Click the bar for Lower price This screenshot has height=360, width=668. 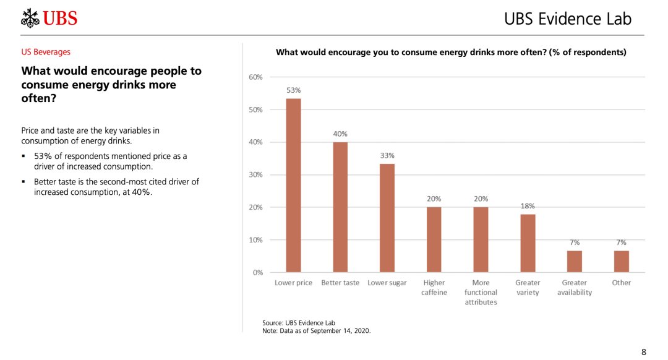[293, 186]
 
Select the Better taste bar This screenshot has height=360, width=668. [340, 207]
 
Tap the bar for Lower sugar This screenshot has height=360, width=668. [387, 218]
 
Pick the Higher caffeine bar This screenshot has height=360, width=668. [434, 239]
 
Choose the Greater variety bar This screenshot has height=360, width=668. [528, 243]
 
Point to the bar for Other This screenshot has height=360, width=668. [621, 261]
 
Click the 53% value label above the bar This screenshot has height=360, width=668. [293, 90]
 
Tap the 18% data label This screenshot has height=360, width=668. [528, 206]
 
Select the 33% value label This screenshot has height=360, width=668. [387, 156]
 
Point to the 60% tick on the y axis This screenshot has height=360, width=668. [255, 77]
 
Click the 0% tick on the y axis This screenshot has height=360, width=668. [257, 272]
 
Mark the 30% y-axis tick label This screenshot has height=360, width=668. [255, 175]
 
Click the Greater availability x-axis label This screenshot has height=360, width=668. [574, 288]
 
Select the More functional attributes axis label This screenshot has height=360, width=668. [481, 292]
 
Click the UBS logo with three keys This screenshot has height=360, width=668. [49, 18]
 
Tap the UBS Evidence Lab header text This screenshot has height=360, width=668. [568, 19]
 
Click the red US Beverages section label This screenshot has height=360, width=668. [46, 52]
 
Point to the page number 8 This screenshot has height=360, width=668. [643, 352]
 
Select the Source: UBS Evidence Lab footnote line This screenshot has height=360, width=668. [298, 323]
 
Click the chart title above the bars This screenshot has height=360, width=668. [451, 53]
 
